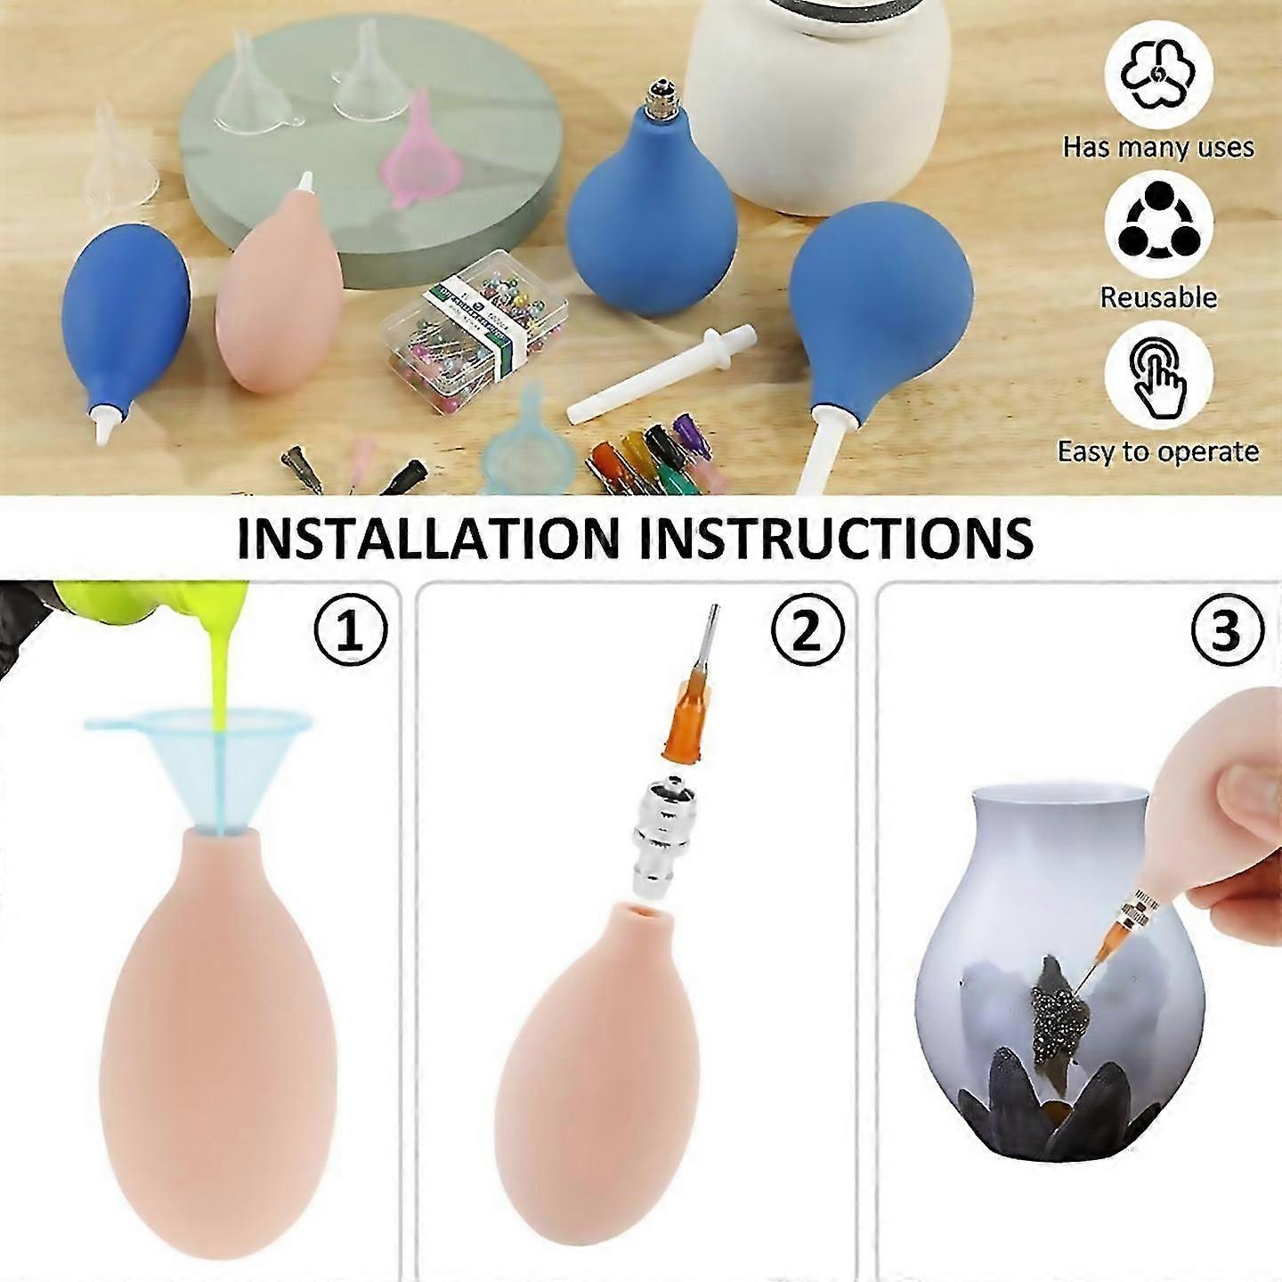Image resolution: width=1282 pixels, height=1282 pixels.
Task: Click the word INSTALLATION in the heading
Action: [428, 538]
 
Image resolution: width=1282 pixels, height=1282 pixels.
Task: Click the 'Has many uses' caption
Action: [1158, 147]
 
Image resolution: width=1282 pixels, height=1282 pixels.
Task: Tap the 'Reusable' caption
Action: [1158, 297]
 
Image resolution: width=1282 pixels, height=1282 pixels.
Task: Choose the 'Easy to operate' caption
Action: [1158, 451]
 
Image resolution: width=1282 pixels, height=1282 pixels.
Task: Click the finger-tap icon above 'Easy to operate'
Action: [1158, 377]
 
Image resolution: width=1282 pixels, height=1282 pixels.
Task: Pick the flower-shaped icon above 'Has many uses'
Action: [1158, 75]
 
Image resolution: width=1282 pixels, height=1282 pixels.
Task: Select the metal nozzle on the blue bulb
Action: [660, 99]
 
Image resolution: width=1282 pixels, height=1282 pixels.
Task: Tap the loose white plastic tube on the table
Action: [661, 372]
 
